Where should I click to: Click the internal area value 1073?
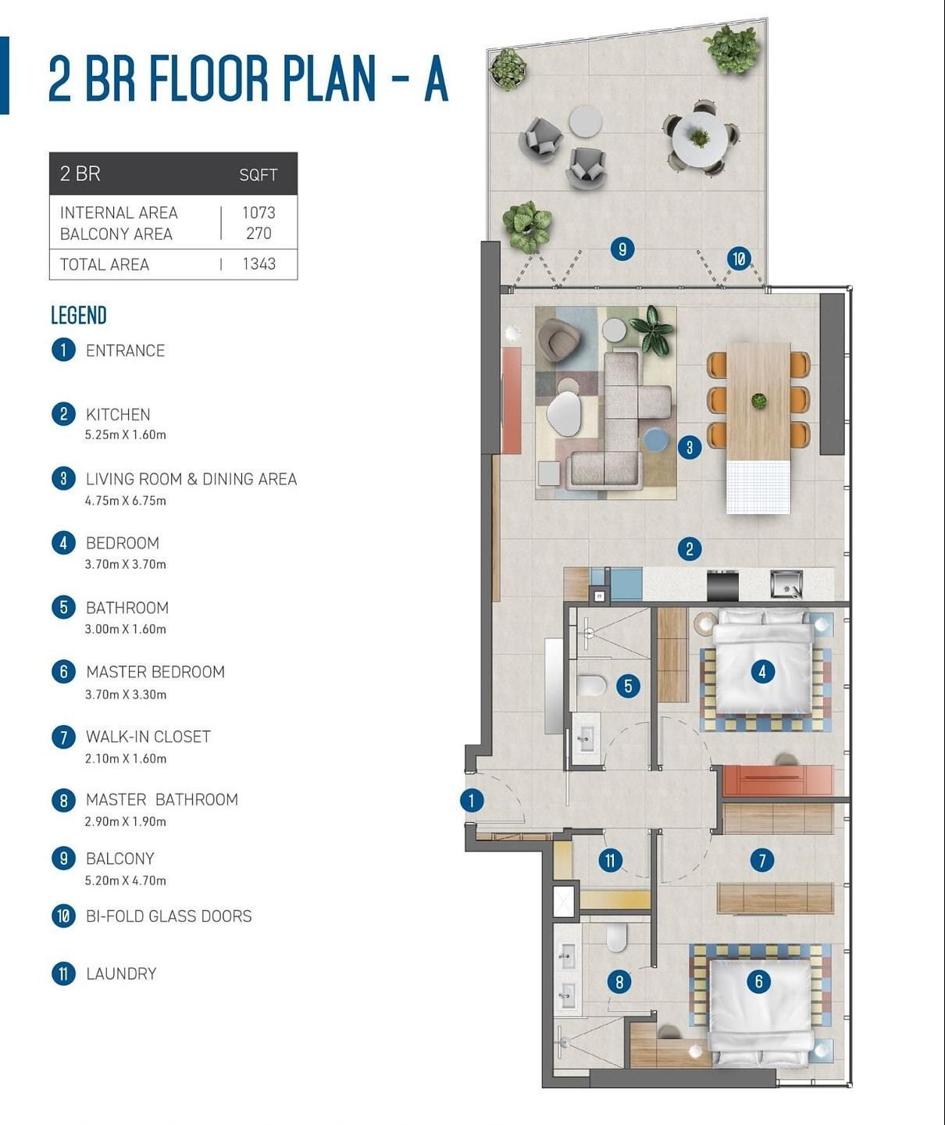[259, 212]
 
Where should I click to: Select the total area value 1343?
[259, 264]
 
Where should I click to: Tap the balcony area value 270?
[259, 234]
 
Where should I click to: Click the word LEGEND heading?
[79, 316]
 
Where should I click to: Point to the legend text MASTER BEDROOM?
[155, 672]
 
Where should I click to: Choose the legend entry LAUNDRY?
[121, 973]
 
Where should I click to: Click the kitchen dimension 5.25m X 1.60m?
[126, 435]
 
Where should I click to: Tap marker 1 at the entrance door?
[472, 801]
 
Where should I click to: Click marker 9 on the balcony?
[622, 249]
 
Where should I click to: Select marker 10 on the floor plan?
[739, 259]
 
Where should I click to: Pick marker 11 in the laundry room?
[611, 861]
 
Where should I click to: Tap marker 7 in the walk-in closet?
[762, 860]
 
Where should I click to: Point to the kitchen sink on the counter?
[786, 584]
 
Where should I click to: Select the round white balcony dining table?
[699, 139]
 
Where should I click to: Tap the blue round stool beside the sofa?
[657, 438]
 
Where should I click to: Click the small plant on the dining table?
[758, 400]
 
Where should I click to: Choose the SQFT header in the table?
[259, 174]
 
